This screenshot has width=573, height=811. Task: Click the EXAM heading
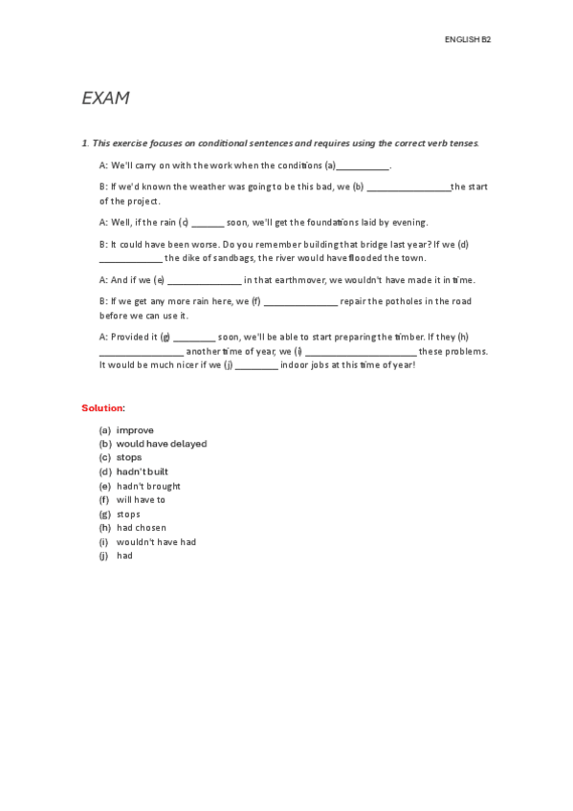click(x=105, y=99)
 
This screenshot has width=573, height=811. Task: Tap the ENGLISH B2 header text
click(x=468, y=39)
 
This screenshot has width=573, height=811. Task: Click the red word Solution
click(x=102, y=408)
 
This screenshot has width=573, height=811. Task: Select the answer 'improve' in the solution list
click(x=135, y=430)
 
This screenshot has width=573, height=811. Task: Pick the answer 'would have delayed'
click(x=162, y=444)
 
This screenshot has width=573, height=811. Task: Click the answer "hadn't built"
click(x=143, y=471)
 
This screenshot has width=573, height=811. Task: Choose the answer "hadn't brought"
click(x=148, y=486)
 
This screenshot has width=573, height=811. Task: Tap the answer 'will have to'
click(x=141, y=499)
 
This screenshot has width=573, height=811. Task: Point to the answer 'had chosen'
click(x=142, y=527)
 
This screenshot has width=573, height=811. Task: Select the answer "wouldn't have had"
click(x=156, y=541)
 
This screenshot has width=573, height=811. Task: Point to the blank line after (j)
click(x=256, y=366)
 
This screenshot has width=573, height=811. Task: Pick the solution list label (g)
click(x=105, y=514)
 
